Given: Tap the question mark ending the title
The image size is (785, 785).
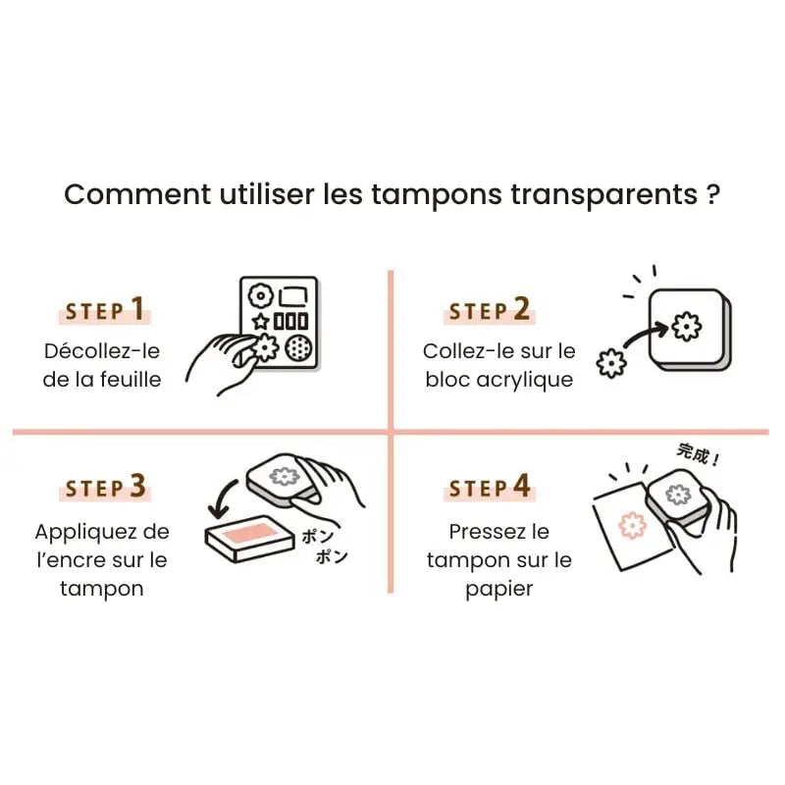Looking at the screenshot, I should point(713,193).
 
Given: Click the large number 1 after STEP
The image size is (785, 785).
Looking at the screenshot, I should point(137,310).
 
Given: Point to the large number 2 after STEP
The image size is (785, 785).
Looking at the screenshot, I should point(521,310).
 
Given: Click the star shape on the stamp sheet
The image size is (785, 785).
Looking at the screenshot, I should point(260,321).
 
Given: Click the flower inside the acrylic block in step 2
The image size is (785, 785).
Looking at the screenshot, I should point(686,324).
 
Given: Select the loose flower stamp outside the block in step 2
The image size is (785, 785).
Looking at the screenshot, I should point(612,363).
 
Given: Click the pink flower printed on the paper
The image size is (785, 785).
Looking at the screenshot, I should point(633,526).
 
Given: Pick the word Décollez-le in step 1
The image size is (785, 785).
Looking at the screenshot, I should point(101,350).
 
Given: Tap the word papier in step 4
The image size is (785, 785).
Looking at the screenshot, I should point(498,589).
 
